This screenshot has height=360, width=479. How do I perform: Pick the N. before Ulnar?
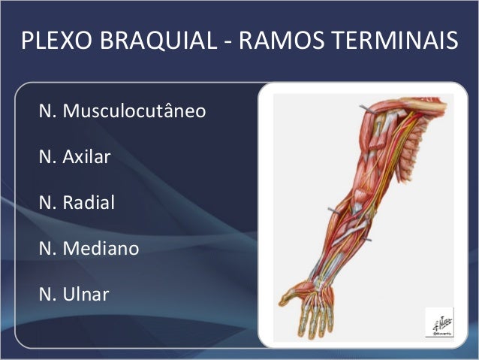[47, 292]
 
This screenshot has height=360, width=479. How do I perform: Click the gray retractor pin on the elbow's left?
[330, 207]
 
